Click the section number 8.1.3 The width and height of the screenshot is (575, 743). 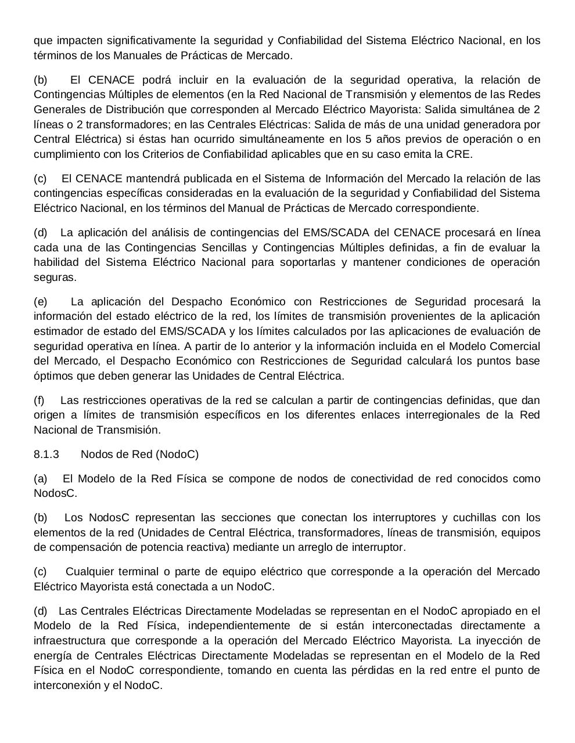tap(46, 455)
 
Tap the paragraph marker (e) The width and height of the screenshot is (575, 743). tap(41, 301)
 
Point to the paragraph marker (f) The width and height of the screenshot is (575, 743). tap(39, 401)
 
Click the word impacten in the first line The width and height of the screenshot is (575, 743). tap(75, 41)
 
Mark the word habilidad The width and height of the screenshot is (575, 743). tap(56, 262)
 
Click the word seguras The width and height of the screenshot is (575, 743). tap(55, 277)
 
